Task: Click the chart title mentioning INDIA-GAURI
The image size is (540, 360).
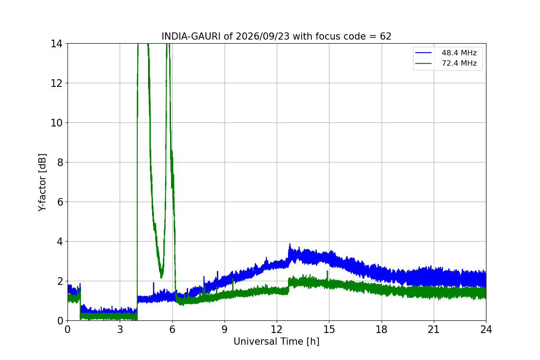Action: click(x=276, y=36)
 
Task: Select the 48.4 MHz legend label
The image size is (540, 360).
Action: click(x=459, y=53)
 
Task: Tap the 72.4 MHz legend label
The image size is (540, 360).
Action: click(x=459, y=63)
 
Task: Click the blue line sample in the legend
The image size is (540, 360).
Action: click(x=423, y=53)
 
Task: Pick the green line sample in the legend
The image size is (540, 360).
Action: click(x=423, y=63)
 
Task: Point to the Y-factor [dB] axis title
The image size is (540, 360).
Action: click(x=42, y=182)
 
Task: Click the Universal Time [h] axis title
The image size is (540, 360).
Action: click(x=276, y=342)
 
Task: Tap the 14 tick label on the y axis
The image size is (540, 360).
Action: click(x=56, y=44)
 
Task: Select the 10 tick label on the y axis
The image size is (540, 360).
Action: click(x=56, y=123)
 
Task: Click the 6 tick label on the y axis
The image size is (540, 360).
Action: click(x=60, y=202)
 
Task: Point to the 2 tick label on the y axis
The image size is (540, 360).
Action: click(x=60, y=281)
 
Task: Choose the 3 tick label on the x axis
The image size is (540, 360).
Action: click(x=120, y=329)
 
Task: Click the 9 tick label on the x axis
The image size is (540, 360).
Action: click(x=225, y=329)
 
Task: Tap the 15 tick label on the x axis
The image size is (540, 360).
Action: click(x=329, y=329)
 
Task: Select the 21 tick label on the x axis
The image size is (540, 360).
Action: click(x=434, y=329)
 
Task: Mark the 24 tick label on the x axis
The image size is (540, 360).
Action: click(x=486, y=329)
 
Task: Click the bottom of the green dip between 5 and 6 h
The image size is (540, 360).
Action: click(x=161, y=277)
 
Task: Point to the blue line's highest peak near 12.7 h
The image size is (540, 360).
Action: click(x=290, y=244)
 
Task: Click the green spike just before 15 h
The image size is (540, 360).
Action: click(x=328, y=271)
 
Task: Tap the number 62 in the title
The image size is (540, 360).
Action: click(x=386, y=36)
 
